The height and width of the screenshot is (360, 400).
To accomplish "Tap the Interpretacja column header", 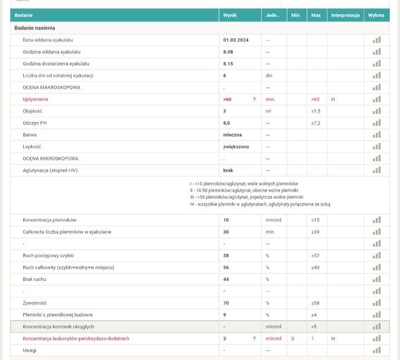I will (345, 16).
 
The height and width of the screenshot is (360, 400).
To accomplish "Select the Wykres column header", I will (376, 16).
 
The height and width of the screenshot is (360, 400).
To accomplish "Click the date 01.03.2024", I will (236, 40).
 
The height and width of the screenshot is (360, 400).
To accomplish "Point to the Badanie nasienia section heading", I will (35, 28).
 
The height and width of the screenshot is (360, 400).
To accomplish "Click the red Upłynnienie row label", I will (36, 99).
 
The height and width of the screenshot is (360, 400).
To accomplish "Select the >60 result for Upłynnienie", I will (227, 99).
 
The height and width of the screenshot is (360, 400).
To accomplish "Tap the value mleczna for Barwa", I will (232, 135).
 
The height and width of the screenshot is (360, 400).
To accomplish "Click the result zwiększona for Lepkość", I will (236, 147).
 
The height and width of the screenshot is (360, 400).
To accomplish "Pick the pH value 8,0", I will (227, 123).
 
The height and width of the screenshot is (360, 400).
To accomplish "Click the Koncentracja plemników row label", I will (49, 220).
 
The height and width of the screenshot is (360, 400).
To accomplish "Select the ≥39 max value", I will (316, 232).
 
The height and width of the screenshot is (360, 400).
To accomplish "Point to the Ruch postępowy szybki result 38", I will (226, 256).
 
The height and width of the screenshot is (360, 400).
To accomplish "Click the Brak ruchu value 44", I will (226, 279).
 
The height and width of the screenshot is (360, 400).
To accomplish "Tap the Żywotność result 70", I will (226, 303).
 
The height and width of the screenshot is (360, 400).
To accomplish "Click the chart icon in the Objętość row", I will (377, 111).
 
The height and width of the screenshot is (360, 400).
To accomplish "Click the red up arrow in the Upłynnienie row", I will (254, 99).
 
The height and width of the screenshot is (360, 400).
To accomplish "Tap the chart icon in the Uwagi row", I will (377, 350).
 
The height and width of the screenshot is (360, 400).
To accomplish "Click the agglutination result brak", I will (228, 170).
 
